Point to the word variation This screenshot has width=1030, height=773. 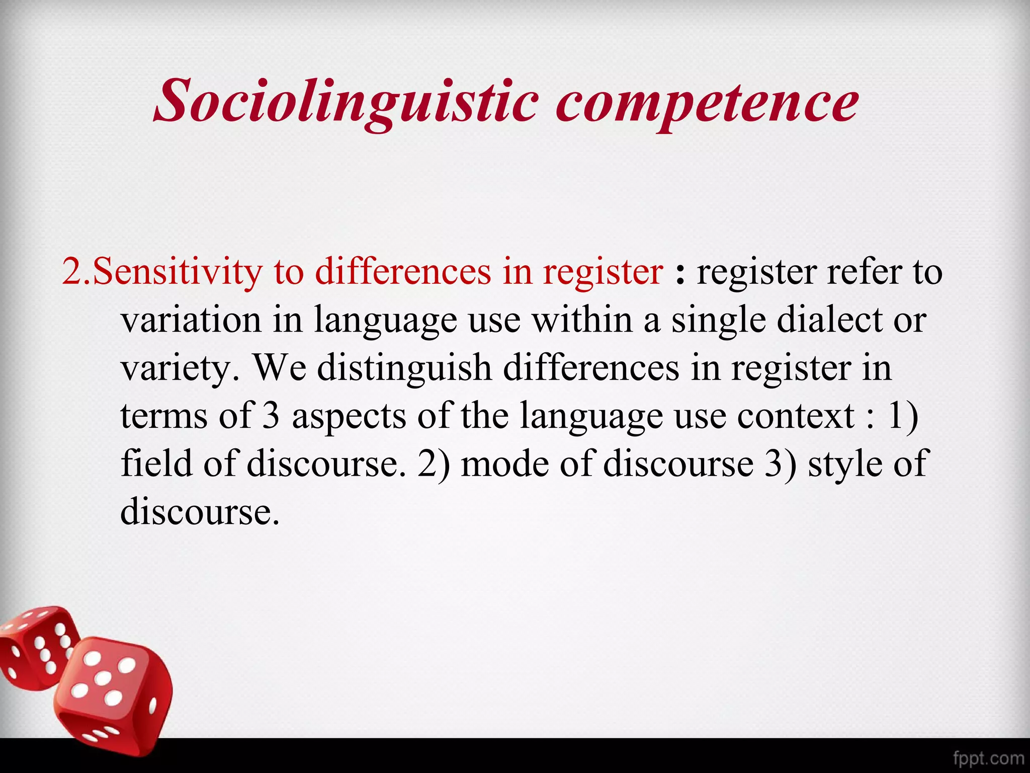point(191,320)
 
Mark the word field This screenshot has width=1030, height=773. point(156,464)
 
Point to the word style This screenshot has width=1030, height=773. point(844,464)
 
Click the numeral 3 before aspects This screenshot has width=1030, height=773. point(271,417)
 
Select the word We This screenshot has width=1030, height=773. point(279,369)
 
